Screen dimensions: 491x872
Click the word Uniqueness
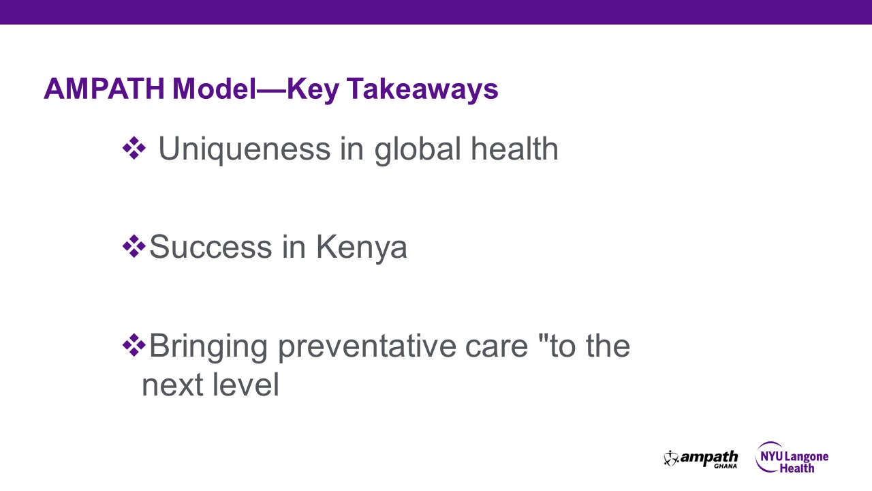coord(245,149)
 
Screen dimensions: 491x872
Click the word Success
coord(211,247)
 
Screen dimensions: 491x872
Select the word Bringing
coord(208,346)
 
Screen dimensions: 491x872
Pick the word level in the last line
coord(247,385)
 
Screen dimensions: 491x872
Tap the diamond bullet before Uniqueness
coord(134,148)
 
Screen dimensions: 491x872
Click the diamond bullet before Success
coord(134,245)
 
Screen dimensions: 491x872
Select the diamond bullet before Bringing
coord(134,344)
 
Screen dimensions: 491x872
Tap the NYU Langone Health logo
coord(792,458)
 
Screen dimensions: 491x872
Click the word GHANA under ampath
coord(725,466)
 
